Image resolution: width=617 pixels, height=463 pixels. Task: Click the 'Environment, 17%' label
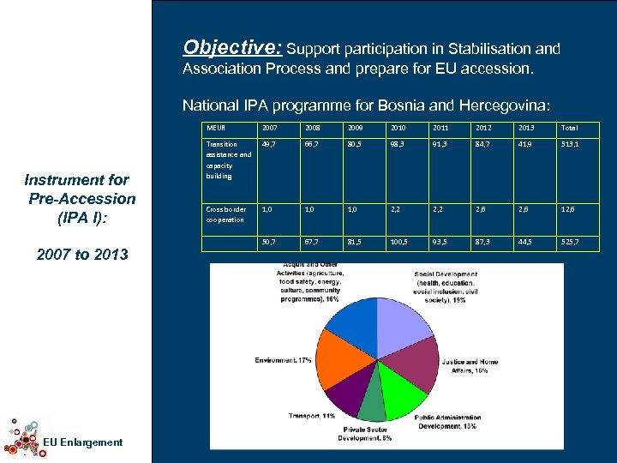pyautogui.click(x=283, y=360)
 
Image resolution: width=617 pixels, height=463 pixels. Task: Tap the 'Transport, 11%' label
pyautogui.click(x=311, y=416)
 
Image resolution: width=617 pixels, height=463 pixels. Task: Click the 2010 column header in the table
pyautogui.click(x=398, y=128)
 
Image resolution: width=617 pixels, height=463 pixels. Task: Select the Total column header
pyautogui.click(x=569, y=128)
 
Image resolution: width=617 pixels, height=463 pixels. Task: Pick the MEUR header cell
pyautogui.click(x=215, y=128)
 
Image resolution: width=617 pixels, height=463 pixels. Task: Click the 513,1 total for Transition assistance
pyautogui.click(x=570, y=145)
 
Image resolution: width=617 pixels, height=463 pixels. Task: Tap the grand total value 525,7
pyautogui.click(x=570, y=244)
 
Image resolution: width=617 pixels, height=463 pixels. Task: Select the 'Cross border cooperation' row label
pyautogui.click(x=226, y=214)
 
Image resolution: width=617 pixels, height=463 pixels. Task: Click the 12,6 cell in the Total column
pyautogui.click(x=570, y=209)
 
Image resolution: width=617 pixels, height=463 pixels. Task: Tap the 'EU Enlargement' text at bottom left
pyautogui.click(x=81, y=442)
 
